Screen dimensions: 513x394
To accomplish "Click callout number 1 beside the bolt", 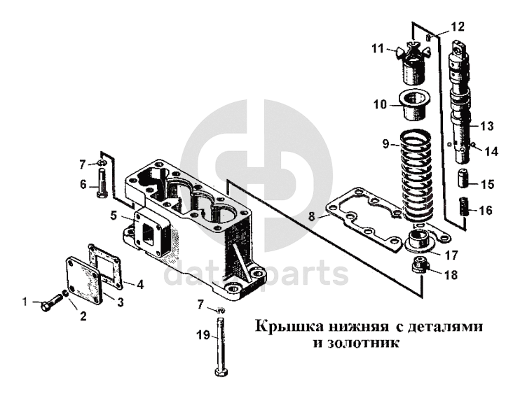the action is (25, 302).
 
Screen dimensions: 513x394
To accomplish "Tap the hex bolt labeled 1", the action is (49, 304).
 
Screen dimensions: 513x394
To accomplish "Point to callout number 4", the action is (140, 284).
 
